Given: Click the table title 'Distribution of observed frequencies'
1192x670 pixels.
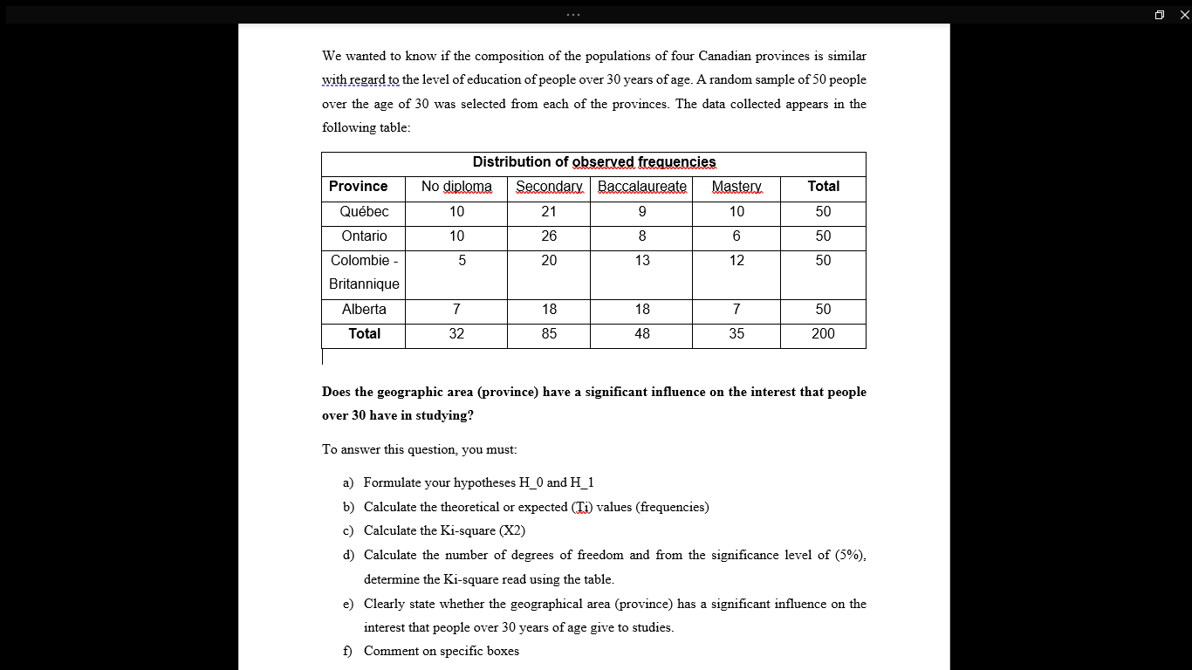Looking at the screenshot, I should [x=593, y=162].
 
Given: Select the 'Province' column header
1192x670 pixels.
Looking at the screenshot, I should [x=358, y=187].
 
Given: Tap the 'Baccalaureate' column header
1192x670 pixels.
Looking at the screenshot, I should [x=641, y=187].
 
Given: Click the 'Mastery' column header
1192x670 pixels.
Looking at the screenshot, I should [x=736, y=187].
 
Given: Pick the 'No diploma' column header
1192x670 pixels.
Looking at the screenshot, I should [x=456, y=187].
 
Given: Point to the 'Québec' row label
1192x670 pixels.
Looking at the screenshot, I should [x=364, y=212].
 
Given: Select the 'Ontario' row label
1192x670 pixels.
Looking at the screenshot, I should [x=364, y=236].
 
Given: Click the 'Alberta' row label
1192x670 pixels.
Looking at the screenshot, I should [x=364, y=310].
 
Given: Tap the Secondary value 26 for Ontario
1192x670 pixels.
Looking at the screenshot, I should [x=548, y=236].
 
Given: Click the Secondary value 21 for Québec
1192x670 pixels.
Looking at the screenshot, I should [x=548, y=212].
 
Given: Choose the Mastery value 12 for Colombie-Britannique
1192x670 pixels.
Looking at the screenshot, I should [x=736, y=261].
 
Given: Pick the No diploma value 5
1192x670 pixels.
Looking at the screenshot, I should [x=462, y=261].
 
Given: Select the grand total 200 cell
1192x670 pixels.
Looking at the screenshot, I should [x=822, y=334].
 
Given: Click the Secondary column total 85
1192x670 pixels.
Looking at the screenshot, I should [x=548, y=334].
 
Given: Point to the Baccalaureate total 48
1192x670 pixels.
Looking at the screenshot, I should [x=641, y=334].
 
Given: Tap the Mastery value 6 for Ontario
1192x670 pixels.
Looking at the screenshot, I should [x=736, y=236].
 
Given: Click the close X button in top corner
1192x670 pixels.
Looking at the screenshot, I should [x=1184, y=15].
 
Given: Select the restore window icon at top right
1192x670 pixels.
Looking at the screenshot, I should [x=1159, y=15].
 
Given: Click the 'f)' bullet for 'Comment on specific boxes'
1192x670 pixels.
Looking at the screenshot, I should [x=348, y=652].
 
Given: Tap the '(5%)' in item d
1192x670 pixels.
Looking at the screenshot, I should [x=850, y=555].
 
